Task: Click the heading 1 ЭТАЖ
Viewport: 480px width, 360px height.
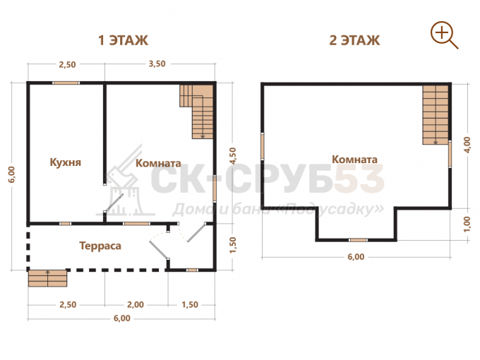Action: point(123,40)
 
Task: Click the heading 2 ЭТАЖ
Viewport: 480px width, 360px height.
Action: point(354,40)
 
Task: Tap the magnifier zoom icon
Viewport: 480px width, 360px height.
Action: point(444,35)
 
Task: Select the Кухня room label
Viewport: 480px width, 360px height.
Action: point(65,162)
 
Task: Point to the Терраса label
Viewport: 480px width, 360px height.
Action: point(100,246)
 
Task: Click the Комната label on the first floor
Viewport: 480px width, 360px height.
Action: point(158,163)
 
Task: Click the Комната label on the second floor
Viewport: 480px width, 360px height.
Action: point(354,160)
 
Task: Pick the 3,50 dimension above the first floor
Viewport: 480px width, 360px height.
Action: point(157,64)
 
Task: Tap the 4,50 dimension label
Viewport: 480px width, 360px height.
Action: point(233,156)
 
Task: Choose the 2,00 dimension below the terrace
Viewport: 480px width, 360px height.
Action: point(136,305)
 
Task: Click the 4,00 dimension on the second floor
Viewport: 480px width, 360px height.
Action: point(467,145)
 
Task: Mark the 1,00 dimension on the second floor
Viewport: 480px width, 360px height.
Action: point(467,224)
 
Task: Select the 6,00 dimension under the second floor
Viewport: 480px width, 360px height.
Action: point(356,257)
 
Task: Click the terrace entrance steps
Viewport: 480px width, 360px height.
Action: point(47,278)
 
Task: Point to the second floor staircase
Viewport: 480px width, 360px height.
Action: point(436,115)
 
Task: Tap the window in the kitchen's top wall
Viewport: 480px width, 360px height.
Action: point(66,83)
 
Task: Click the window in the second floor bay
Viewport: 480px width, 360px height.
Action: point(358,240)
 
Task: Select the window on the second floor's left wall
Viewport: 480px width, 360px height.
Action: point(263,146)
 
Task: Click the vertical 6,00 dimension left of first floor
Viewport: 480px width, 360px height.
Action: point(11,174)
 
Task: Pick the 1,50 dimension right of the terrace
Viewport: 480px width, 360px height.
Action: point(233,245)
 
